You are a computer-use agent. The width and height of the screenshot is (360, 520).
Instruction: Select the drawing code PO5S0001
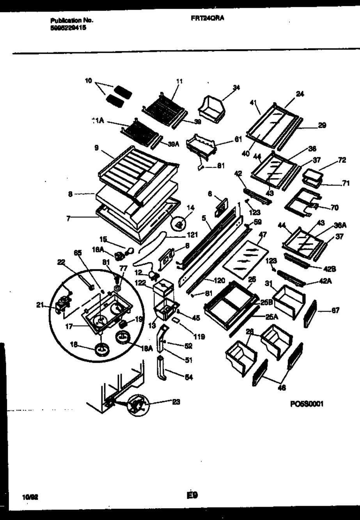(306, 405)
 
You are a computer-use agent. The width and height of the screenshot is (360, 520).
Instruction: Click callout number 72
(342, 161)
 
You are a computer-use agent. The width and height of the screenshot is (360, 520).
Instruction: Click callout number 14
(190, 208)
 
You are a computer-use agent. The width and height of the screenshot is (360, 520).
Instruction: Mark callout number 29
(322, 125)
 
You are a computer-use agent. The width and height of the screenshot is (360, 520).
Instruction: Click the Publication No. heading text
(72, 20)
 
